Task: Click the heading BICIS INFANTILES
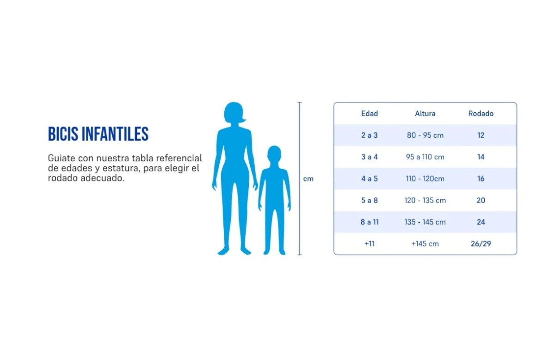click(x=98, y=134)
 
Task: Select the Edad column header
click(x=370, y=113)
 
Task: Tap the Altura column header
click(x=425, y=113)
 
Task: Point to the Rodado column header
click(x=481, y=113)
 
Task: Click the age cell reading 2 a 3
click(x=370, y=135)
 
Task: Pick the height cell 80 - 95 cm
click(x=425, y=135)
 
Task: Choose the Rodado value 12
click(x=481, y=135)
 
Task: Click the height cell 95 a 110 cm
click(x=425, y=157)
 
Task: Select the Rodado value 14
click(x=481, y=157)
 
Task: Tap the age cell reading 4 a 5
click(x=370, y=178)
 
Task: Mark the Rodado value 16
click(x=481, y=178)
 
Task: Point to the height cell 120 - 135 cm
click(x=425, y=200)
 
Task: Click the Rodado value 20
click(x=481, y=200)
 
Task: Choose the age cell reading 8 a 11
click(x=370, y=222)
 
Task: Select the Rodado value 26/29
click(x=481, y=244)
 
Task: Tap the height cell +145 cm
click(x=425, y=244)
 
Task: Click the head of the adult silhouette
click(x=234, y=113)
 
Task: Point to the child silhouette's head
click(x=274, y=154)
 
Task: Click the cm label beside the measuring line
click(x=308, y=179)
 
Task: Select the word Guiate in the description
click(x=62, y=158)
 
